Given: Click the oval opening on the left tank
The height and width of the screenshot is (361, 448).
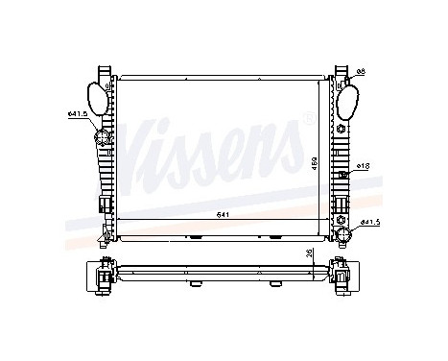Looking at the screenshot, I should click(x=97, y=99).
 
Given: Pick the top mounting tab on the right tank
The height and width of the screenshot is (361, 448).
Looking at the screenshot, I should click(x=340, y=73).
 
